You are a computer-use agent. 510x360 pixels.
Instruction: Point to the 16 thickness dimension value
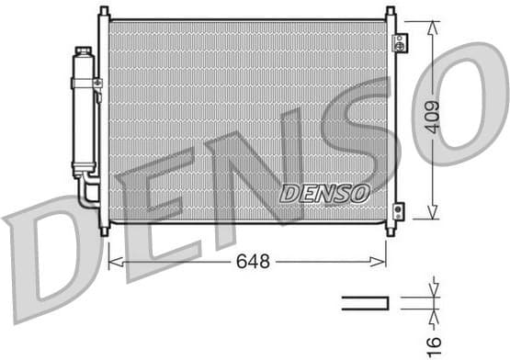[x=435, y=341]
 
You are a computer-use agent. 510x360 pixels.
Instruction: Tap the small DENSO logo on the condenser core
[x=324, y=194]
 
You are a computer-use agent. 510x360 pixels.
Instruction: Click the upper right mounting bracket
[x=399, y=42]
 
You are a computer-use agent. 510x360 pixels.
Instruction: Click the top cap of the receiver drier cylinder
[x=84, y=52]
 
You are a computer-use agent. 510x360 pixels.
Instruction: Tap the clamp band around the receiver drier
[x=85, y=83]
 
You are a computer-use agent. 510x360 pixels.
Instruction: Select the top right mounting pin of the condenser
[x=390, y=12]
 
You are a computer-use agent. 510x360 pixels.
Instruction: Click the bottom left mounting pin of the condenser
[x=104, y=230]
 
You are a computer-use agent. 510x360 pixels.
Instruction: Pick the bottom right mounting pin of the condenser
[x=390, y=230]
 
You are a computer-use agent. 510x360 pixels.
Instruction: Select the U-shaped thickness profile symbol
[x=366, y=303]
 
